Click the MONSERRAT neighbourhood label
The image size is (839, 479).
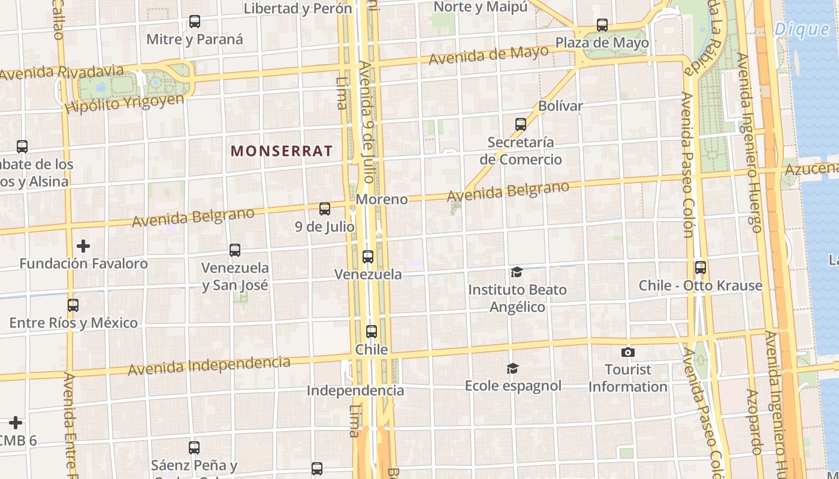pyautogui.click(x=281, y=151)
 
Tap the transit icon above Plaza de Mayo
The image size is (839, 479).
pyautogui.click(x=602, y=25)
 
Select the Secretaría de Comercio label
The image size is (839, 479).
pyautogui.click(x=520, y=151)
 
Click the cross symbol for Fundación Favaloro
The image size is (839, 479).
pyautogui.click(x=83, y=246)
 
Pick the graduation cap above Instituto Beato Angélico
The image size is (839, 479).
pyautogui.click(x=517, y=272)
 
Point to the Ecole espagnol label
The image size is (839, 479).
pyautogui.click(x=513, y=386)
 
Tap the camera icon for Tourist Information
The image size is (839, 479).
pyautogui.click(x=627, y=352)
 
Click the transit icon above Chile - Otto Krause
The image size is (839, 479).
pyautogui.click(x=700, y=268)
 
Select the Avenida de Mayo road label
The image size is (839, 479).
pyautogui.click(x=488, y=56)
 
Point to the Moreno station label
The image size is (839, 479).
pyautogui.click(x=382, y=199)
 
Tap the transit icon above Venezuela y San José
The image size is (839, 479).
pyautogui.click(x=235, y=250)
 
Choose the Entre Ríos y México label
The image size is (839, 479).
pyautogui.click(x=74, y=323)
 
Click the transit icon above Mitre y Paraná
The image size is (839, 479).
pyautogui.click(x=195, y=22)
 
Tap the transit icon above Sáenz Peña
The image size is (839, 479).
pyautogui.click(x=194, y=447)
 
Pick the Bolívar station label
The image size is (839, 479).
pyautogui.click(x=560, y=106)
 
